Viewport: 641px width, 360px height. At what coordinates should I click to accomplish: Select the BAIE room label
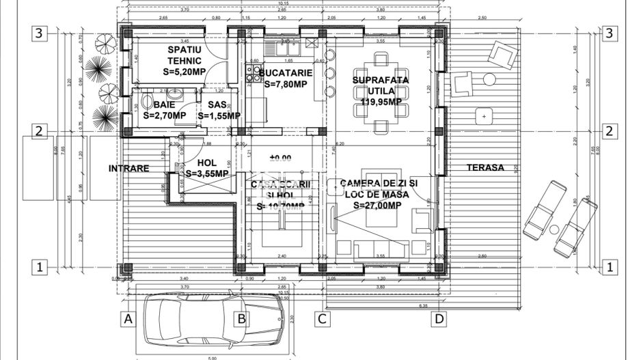click(x=164, y=105)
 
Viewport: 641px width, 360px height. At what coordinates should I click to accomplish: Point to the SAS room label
click(x=217, y=105)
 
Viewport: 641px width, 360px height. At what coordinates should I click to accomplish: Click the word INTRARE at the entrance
click(x=128, y=168)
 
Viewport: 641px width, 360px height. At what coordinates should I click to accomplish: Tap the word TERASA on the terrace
click(x=485, y=167)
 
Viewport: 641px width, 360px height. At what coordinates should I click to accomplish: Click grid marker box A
click(x=127, y=318)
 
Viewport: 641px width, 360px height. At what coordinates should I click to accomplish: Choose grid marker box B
click(x=241, y=318)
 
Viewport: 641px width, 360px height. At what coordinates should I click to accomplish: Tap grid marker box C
click(x=322, y=318)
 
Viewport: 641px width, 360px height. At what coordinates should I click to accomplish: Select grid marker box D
click(x=440, y=318)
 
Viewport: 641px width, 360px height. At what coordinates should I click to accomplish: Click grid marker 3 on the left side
click(x=40, y=34)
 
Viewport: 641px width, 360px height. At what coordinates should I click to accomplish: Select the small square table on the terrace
click(x=485, y=117)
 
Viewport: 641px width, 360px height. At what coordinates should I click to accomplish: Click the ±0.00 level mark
click(x=280, y=158)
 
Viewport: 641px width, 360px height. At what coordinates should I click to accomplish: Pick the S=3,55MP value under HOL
click(x=207, y=174)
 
